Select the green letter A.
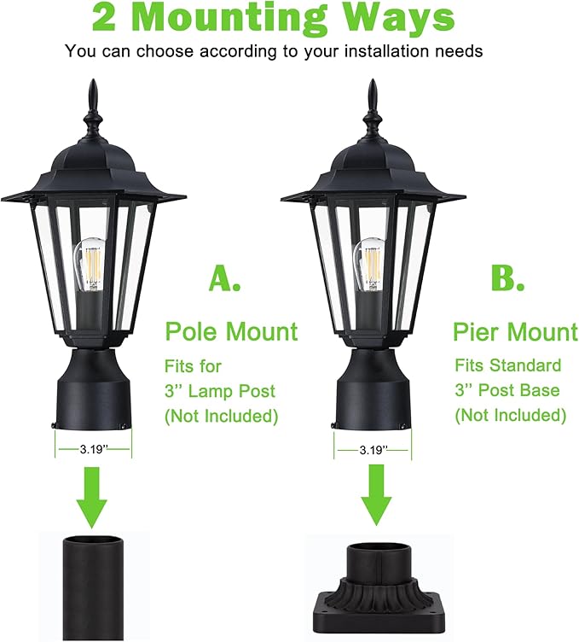coord(224,278)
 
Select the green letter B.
coord(507,278)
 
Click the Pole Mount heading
coord(231,331)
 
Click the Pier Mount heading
coord(516,331)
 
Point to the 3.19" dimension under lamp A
coord(94,449)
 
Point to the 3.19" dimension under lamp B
coord(373,451)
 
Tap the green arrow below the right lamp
coord(375,495)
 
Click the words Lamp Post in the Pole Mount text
coord(232,391)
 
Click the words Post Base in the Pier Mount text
coord(518,391)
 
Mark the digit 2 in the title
coord(104,18)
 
